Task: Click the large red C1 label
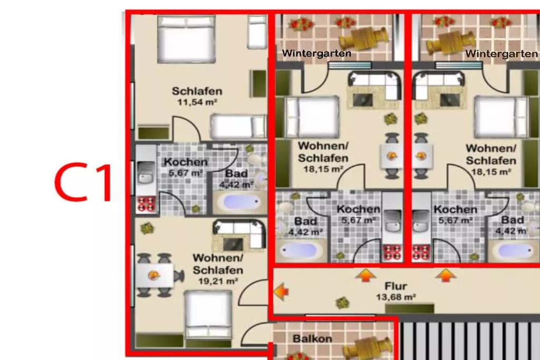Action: [x=83, y=183]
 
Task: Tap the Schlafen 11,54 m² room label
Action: [x=197, y=96]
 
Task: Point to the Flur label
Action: [x=396, y=286]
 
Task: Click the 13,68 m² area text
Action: [x=396, y=297]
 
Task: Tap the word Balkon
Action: [x=312, y=339]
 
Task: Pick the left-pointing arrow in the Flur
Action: [x=282, y=292]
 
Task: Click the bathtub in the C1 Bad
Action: [x=240, y=202]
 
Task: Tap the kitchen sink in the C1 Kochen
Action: [x=146, y=174]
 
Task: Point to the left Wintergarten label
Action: [x=316, y=53]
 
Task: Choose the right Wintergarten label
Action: [x=501, y=54]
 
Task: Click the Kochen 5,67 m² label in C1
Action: [x=186, y=167]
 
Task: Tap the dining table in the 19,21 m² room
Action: [x=154, y=275]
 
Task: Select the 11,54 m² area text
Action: [x=197, y=102]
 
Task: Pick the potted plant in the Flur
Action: [x=342, y=303]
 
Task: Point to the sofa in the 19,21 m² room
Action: [x=239, y=235]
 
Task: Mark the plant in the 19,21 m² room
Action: [x=147, y=228]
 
